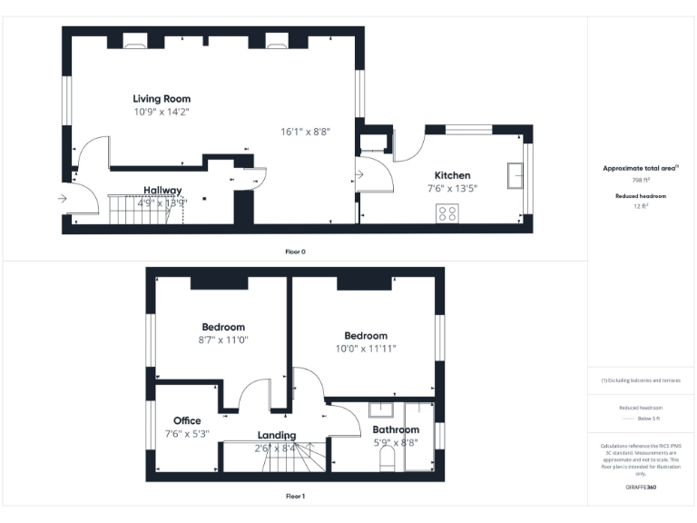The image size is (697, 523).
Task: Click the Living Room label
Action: (x=162, y=98)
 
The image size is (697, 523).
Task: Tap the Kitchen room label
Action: (x=452, y=175)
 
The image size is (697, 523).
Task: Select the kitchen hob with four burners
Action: (x=447, y=213)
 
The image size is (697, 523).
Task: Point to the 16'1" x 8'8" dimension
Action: (x=305, y=132)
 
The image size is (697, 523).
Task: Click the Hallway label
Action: (x=162, y=191)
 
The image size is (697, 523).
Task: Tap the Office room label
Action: (x=187, y=420)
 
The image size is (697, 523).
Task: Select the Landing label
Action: (x=276, y=435)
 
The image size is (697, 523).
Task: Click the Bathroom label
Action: (x=396, y=429)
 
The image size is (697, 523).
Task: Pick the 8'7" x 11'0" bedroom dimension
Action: (x=223, y=340)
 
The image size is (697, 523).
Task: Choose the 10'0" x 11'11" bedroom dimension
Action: (x=366, y=349)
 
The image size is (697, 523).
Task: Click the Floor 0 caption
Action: (x=296, y=251)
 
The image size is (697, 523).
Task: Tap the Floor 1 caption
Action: (x=296, y=496)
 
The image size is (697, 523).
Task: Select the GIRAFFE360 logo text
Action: (x=641, y=488)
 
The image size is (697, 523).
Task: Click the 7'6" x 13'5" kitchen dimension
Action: (x=452, y=188)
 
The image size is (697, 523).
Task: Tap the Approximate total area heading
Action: (x=640, y=169)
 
